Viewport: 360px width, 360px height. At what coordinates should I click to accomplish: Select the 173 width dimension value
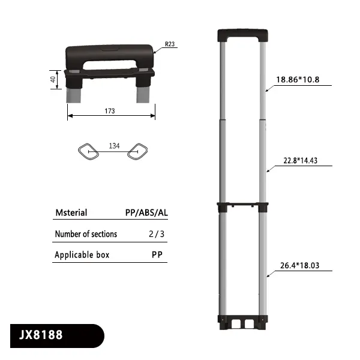pyautogui.click(x=110, y=112)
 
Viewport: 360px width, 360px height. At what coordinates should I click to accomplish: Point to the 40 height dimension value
pyautogui.click(x=53, y=79)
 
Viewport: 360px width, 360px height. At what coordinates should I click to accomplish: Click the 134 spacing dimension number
pyautogui.click(x=113, y=146)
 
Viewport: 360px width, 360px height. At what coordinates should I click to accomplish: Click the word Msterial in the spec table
pyautogui.click(x=71, y=212)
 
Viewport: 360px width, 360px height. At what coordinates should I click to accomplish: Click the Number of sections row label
pyautogui.click(x=86, y=234)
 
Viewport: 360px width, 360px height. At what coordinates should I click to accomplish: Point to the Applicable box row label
pyautogui.click(x=82, y=255)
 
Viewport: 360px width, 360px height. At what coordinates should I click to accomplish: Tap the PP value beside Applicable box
pyautogui.click(x=158, y=255)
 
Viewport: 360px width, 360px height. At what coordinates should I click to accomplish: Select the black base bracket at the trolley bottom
pyautogui.click(x=241, y=323)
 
